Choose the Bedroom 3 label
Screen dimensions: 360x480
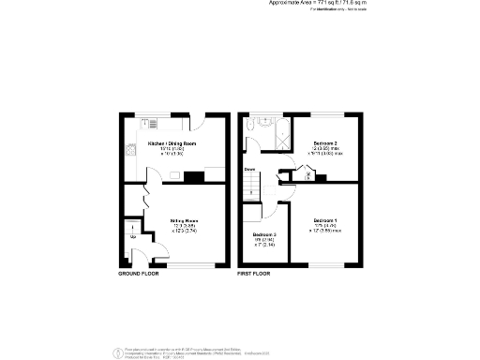point(265,234)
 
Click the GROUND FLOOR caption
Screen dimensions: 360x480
point(138,274)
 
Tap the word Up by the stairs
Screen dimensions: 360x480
point(134,236)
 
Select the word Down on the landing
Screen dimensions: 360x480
point(250,169)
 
